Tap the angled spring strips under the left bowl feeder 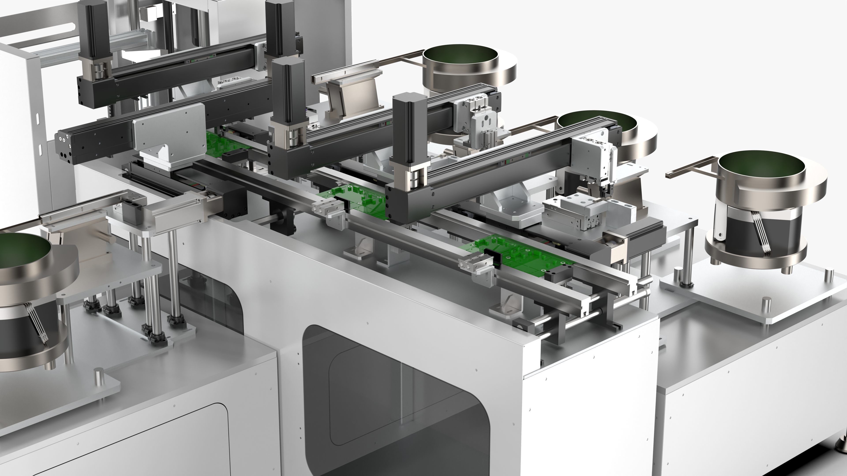click(36, 324)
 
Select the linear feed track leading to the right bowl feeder click(690, 166)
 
